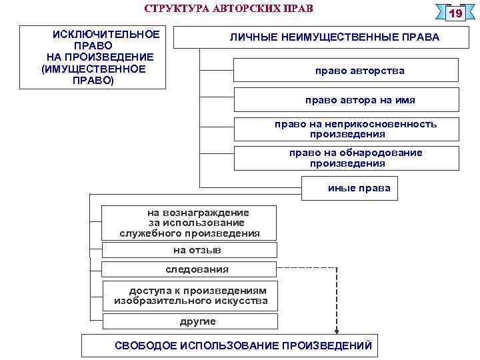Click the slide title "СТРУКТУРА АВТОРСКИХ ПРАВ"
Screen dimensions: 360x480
(229, 9)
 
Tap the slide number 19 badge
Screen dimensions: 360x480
(456, 14)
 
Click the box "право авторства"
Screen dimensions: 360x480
(346, 70)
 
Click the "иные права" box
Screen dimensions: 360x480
(350, 188)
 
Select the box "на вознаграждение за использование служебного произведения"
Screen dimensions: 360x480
(189, 223)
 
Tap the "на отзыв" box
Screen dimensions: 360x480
(189, 250)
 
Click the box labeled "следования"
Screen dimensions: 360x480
(189, 269)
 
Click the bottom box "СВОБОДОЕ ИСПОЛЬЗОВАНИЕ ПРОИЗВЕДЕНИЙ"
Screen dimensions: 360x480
(243, 345)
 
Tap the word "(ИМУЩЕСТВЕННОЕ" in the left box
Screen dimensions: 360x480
(93, 69)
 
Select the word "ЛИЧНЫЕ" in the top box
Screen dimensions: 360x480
(252, 37)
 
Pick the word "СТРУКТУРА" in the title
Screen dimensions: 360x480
(169, 9)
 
